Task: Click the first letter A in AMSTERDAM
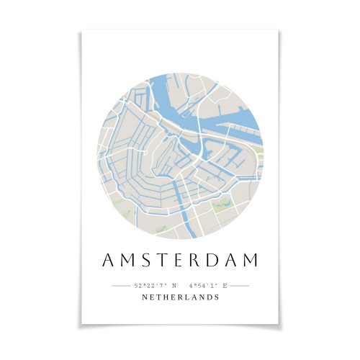[108, 260]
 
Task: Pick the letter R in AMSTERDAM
[197, 260]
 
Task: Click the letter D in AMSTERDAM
[215, 260]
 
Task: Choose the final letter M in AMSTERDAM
[253, 260]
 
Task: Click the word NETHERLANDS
[180, 297]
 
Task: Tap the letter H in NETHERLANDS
[165, 297]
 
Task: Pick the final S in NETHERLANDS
[217, 297]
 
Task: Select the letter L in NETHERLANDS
[185, 297]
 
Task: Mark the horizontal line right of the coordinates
[239, 286]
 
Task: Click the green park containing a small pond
[223, 206]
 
